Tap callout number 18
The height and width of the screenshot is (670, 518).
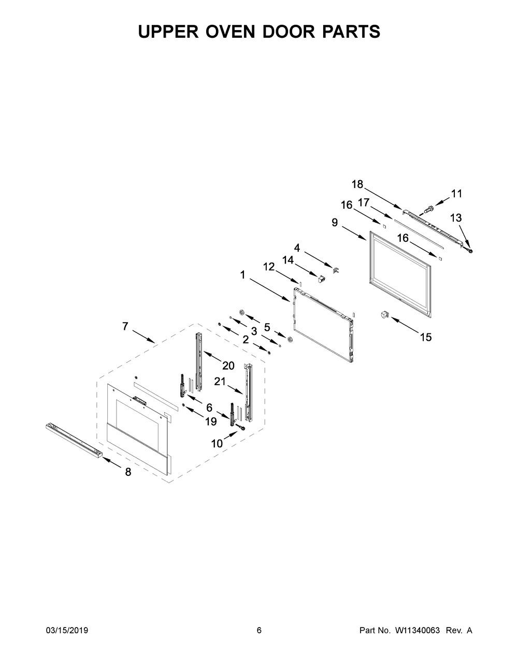click(357, 184)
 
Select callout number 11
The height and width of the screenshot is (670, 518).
click(456, 193)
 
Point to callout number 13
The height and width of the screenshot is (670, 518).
click(456, 217)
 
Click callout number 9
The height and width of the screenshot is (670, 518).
click(335, 222)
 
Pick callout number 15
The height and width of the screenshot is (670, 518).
click(425, 337)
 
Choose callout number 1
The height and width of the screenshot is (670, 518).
click(242, 275)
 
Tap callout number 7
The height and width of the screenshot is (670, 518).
click(125, 326)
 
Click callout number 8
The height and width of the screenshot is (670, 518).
click(128, 472)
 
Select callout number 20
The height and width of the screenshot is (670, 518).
click(228, 366)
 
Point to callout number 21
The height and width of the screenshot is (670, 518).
click(221, 382)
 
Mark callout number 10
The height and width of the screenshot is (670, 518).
click(217, 443)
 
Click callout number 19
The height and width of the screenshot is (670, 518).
click(210, 421)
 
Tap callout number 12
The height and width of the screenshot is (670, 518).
click(268, 267)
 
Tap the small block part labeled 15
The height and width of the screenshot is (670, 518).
click(385, 314)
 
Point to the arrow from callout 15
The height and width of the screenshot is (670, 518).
click(407, 327)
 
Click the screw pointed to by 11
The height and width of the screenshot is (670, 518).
click(428, 209)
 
